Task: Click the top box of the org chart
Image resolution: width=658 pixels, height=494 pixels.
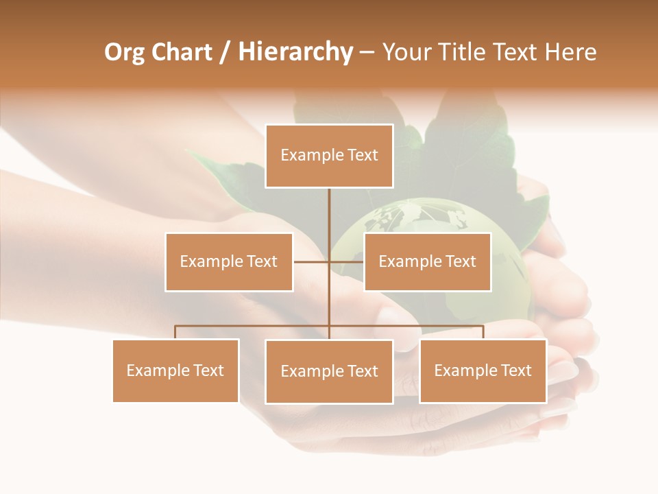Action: pos(329,156)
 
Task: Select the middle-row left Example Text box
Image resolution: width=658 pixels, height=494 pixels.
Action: pos(229,261)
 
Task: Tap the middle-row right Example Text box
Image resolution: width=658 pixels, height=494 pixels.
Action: pos(427,261)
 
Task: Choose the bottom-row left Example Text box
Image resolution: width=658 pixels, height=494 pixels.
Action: pos(175,370)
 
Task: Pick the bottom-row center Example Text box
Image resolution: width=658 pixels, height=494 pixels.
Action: pos(329,371)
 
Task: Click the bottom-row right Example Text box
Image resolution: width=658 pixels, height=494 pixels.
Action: pos(483,370)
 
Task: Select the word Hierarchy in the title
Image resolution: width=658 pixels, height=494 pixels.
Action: pos(295,53)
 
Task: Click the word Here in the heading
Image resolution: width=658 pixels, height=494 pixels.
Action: pos(570,52)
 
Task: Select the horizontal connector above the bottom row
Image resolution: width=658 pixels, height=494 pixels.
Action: pos(254,326)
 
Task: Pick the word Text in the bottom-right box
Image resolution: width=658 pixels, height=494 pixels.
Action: pos(515,370)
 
